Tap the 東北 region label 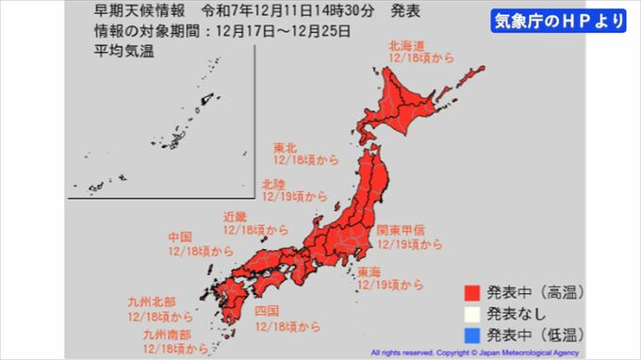coord(286,148)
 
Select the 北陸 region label coord(274,184)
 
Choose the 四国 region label coord(266,310)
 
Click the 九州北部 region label coord(151,302)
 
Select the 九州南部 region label coord(165,334)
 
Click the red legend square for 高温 coord(472,291)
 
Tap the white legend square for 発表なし coord(472,313)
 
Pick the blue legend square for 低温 coord(472,334)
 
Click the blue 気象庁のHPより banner coord(559,21)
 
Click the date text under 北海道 coord(420,58)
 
